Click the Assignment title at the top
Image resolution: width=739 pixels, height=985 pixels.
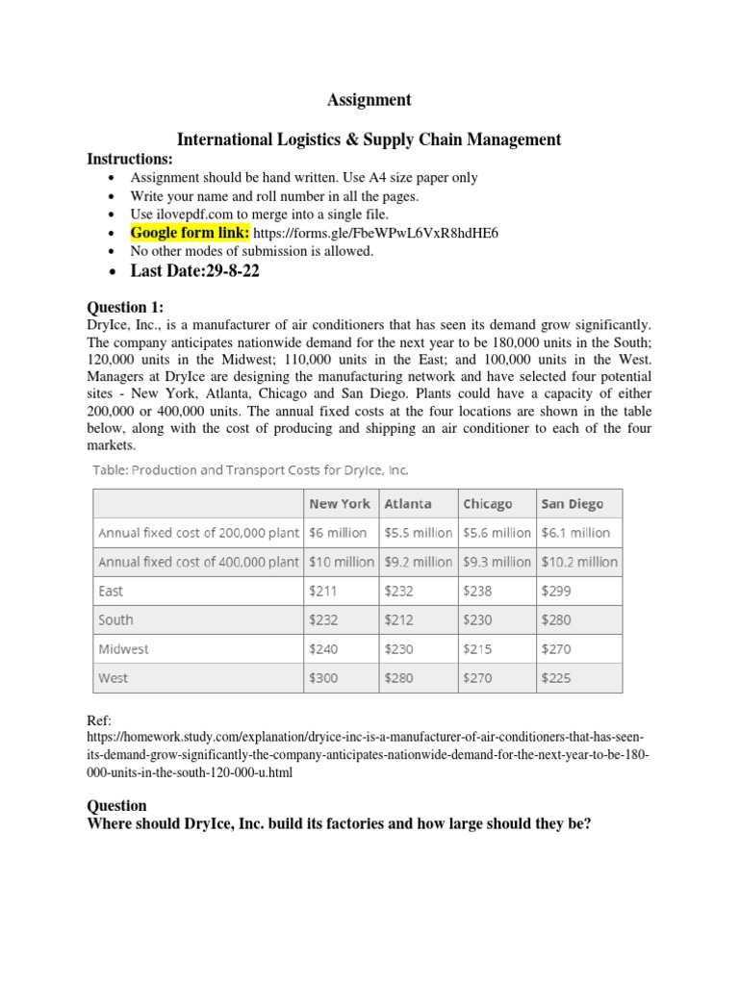coord(369,99)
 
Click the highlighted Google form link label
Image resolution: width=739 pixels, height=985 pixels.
coord(190,233)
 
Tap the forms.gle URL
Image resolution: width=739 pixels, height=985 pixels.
coord(376,233)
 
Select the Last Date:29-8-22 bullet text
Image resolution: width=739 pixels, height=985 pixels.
coord(195,271)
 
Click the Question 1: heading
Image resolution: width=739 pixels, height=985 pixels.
coord(125,307)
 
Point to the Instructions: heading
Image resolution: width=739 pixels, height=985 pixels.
coord(130,158)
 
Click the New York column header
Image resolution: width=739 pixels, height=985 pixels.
coord(339,503)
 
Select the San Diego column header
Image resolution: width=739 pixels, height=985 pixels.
coord(573,503)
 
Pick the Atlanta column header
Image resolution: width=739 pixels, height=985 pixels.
coord(408,503)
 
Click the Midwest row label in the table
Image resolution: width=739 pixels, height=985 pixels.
coord(123,649)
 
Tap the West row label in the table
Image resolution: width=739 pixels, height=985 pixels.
coord(113,678)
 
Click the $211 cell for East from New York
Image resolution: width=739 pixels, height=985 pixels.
coord(323,591)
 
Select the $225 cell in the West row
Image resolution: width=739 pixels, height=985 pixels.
coord(556,678)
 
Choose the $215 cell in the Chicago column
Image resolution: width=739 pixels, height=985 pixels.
coord(477,649)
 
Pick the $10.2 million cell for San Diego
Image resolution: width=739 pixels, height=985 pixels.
coord(579,562)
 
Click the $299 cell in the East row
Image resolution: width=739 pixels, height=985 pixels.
coord(556,591)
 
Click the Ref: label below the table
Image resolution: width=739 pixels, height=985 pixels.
coord(98,720)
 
